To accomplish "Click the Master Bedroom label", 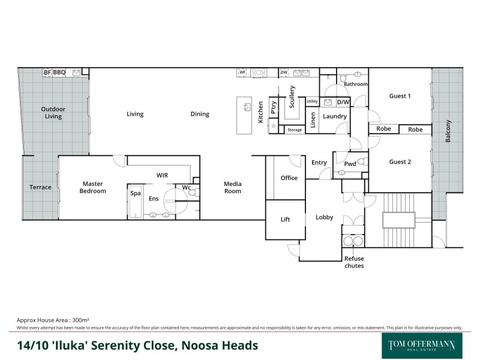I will (93, 187).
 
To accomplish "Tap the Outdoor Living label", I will (53, 113).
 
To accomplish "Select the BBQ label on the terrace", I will (59, 73).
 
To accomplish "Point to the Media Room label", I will (233, 187).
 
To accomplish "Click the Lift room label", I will (286, 220).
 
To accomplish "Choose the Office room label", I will (289, 178).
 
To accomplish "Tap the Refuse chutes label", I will (353, 262).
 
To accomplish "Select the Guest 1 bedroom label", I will (400, 96).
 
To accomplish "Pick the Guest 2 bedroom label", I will (400, 161).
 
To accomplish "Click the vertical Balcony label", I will (448, 131).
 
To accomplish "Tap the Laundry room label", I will (335, 116).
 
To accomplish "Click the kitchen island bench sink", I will (246, 107).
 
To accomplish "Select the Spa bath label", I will (136, 194).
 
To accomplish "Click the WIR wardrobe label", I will (163, 175).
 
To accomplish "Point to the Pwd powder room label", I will (350, 163).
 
